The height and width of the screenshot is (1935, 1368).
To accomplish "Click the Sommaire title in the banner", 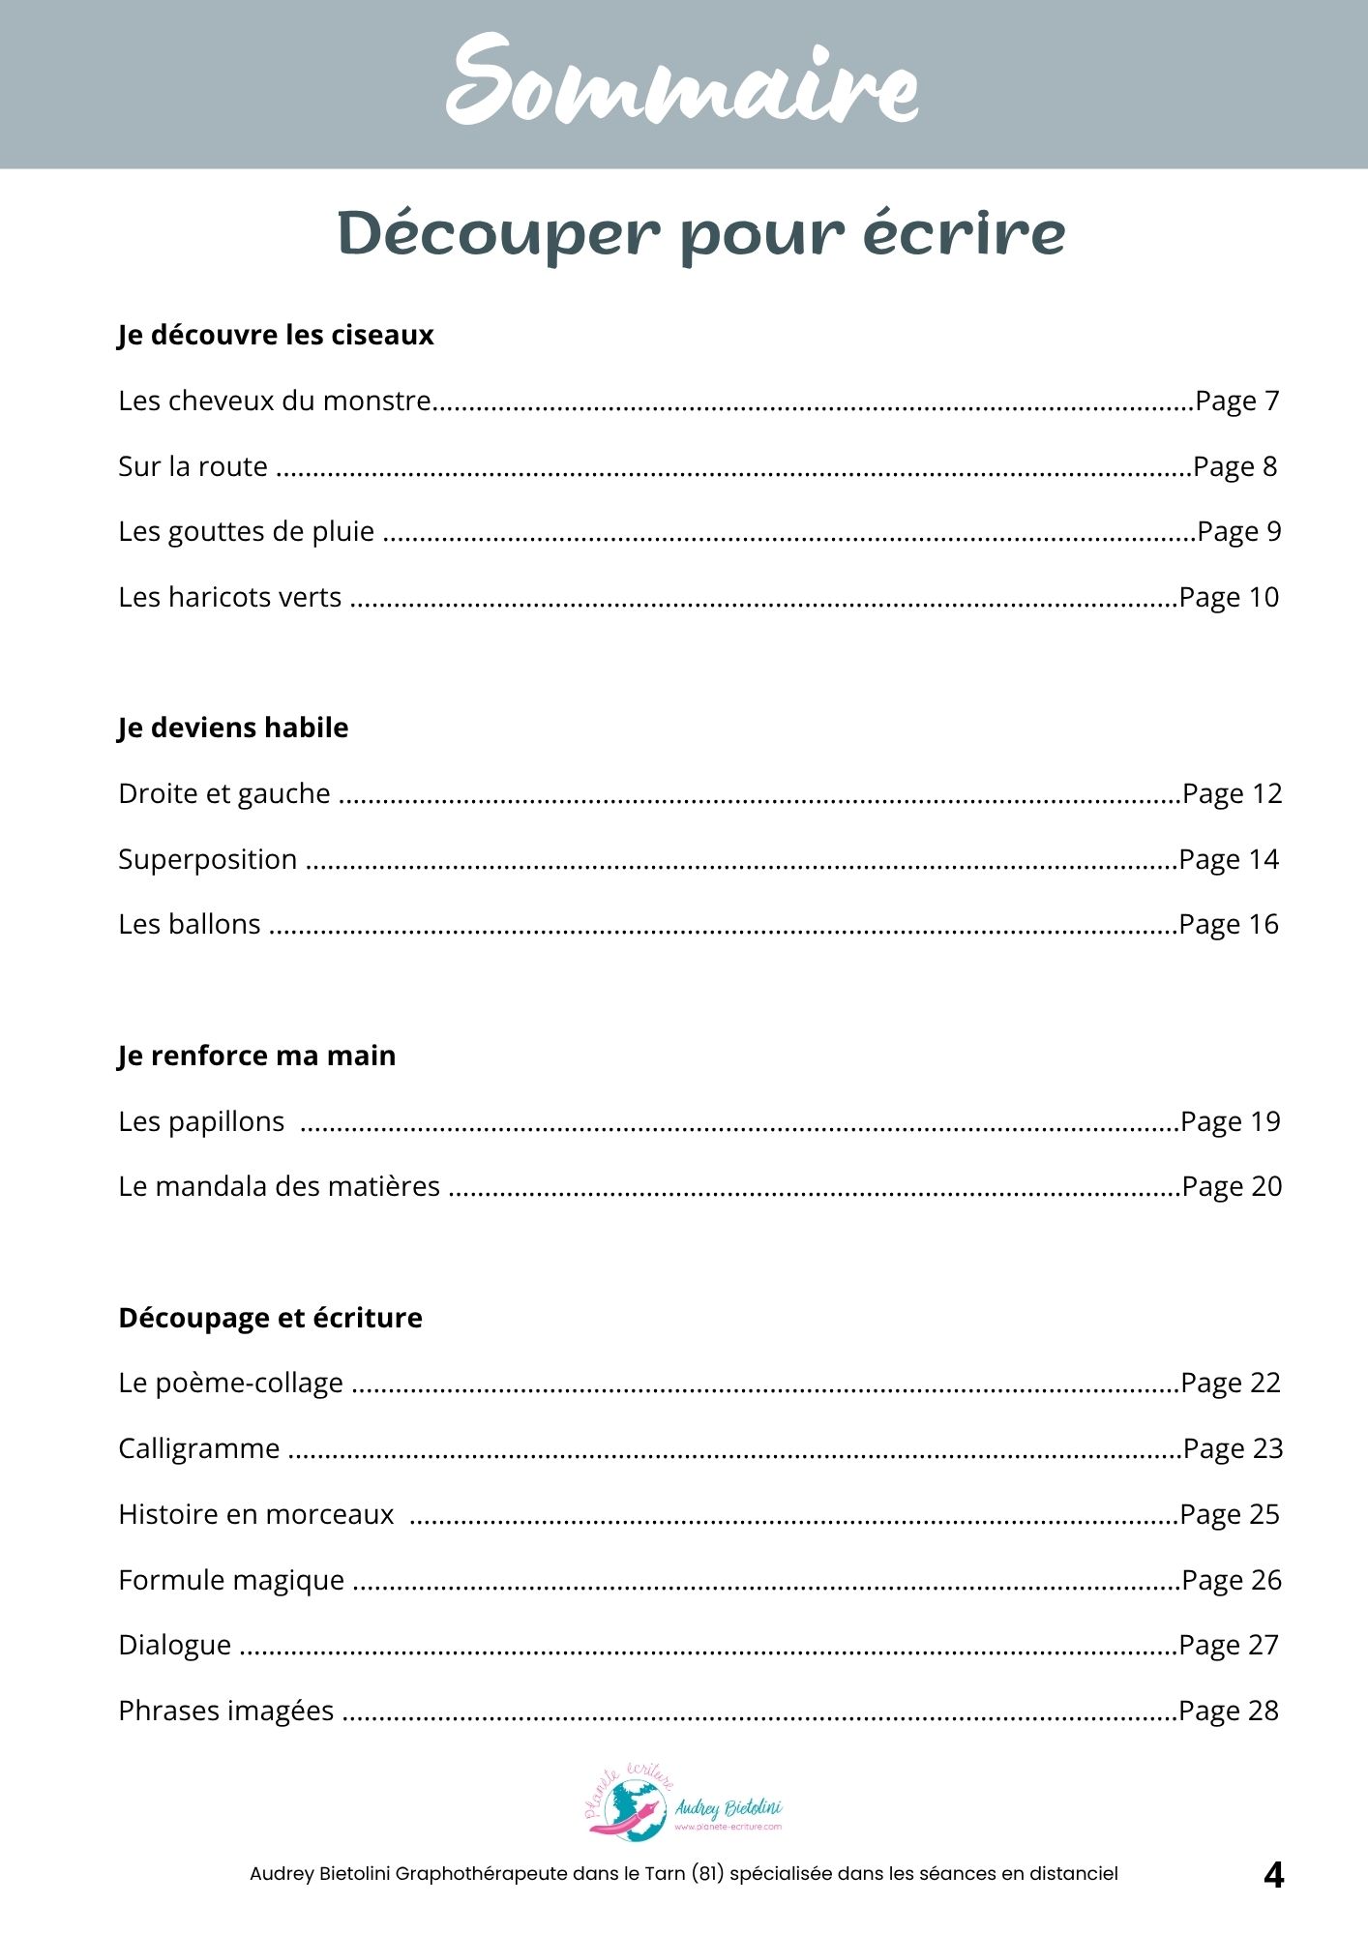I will (x=682, y=82).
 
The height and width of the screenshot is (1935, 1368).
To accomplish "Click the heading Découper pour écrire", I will (x=700, y=234).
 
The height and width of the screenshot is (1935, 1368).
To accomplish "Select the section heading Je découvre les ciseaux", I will (x=276, y=335).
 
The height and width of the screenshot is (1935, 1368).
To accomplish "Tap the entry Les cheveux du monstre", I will (x=275, y=401).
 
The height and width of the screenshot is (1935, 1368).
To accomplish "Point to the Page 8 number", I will (x=1234, y=466).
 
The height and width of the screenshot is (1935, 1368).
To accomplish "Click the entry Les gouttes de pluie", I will (x=246, y=532).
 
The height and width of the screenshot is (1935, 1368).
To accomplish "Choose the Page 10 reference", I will (x=1229, y=598).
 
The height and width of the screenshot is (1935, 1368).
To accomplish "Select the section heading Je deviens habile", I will (x=233, y=728).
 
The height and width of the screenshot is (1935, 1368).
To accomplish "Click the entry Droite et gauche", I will (x=224, y=793).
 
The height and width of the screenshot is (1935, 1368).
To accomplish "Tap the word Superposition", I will (x=207, y=859).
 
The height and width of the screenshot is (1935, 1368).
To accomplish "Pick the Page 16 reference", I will (x=1229, y=925).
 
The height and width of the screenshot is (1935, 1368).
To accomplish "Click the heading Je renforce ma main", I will (x=256, y=1056).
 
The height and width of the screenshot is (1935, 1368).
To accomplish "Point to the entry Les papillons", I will (x=201, y=1121).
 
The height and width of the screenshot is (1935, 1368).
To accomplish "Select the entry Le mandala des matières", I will (x=279, y=1186).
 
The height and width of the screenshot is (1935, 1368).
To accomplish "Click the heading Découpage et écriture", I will (x=270, y=1318).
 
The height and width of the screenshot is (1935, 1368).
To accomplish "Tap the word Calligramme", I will (x=198, y=1448).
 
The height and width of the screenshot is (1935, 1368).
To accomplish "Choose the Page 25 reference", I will (x=1230, y=1514).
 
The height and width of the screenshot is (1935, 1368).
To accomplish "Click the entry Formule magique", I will (x=231, y=1580).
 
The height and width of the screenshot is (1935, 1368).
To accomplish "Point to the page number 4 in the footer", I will (x=1273, y=1875).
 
